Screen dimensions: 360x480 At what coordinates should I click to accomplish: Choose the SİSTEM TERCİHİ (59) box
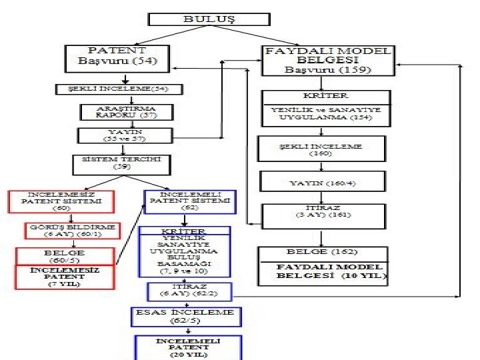pos(122,163)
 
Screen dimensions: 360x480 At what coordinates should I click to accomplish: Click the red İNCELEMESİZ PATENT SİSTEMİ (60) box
pos(61,201)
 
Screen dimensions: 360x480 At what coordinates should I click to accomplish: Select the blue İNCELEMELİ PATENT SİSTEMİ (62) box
pos(190,201)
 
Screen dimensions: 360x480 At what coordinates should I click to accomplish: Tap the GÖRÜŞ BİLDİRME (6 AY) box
pos(73,230)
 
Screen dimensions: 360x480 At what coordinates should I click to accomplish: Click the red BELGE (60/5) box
pos(65,255)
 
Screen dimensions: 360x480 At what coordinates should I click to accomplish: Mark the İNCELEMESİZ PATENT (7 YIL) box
pos(65,277)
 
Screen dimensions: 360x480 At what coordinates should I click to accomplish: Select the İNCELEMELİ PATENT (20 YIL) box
pos(188,347)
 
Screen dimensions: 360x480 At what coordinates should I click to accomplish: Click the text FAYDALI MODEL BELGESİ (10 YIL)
pos(331,271)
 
